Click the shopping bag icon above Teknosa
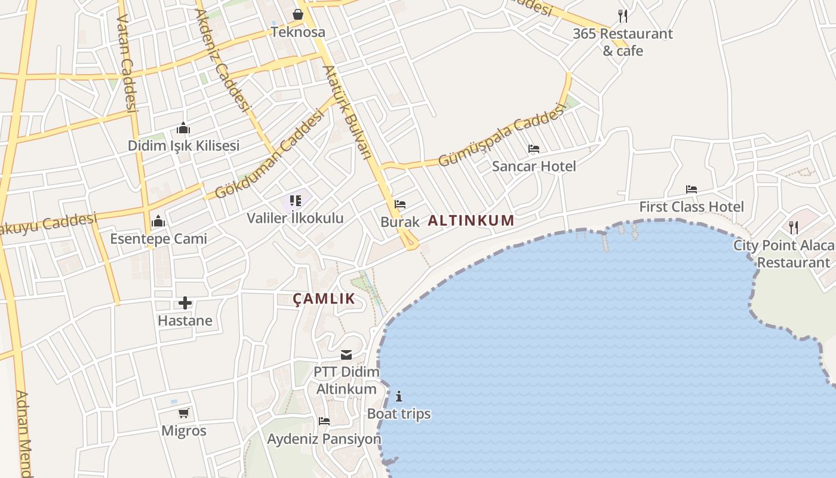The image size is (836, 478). pyautogui.click(x=297, y=14)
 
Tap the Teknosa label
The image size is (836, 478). pyautogui.click(x=298, y=32)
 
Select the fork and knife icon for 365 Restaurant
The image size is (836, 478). pyautogui.click(x=623, y=16)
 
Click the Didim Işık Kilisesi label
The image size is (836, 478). pyautogui.click(x=183, y=145)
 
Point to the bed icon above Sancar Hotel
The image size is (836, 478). pyautogui.click(x=534, y=149)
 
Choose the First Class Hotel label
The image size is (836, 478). pyautogui.click(x=691, y=207)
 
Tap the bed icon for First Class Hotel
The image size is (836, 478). pyautogui.click(x=691, y=189)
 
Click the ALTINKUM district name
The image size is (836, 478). pyautogui.click(x=471, y=220)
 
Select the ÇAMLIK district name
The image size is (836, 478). pyautogui.click(x=324, y=299)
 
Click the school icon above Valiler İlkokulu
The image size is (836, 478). pyautogui.click(x=296, y=201)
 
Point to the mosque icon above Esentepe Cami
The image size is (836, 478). pyautogui.click(x=158, y=222)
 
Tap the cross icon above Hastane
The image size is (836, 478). pyautogui.click(x=185, y=303)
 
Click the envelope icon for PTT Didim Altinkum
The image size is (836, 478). pyautogui.click(x=346, y=355)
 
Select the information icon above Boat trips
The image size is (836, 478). pyautogui.click(x=399, y=396)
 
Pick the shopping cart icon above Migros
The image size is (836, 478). pyautogui.click(x=184, y=413)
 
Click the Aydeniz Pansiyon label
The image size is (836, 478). pyautogui.click(x=324, y=439)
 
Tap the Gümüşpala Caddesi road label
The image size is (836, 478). pyautogui.click(x=502, y=136)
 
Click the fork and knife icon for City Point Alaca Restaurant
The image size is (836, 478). pyautogui.click(x=794, y=228)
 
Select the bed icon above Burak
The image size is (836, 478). pyautogui.click(x=400, y=204)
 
